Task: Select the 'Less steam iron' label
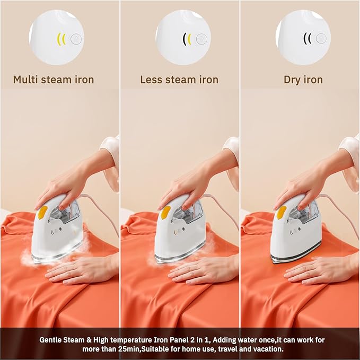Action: (x=179, y=80)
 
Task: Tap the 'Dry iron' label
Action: (x=303, y=80)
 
